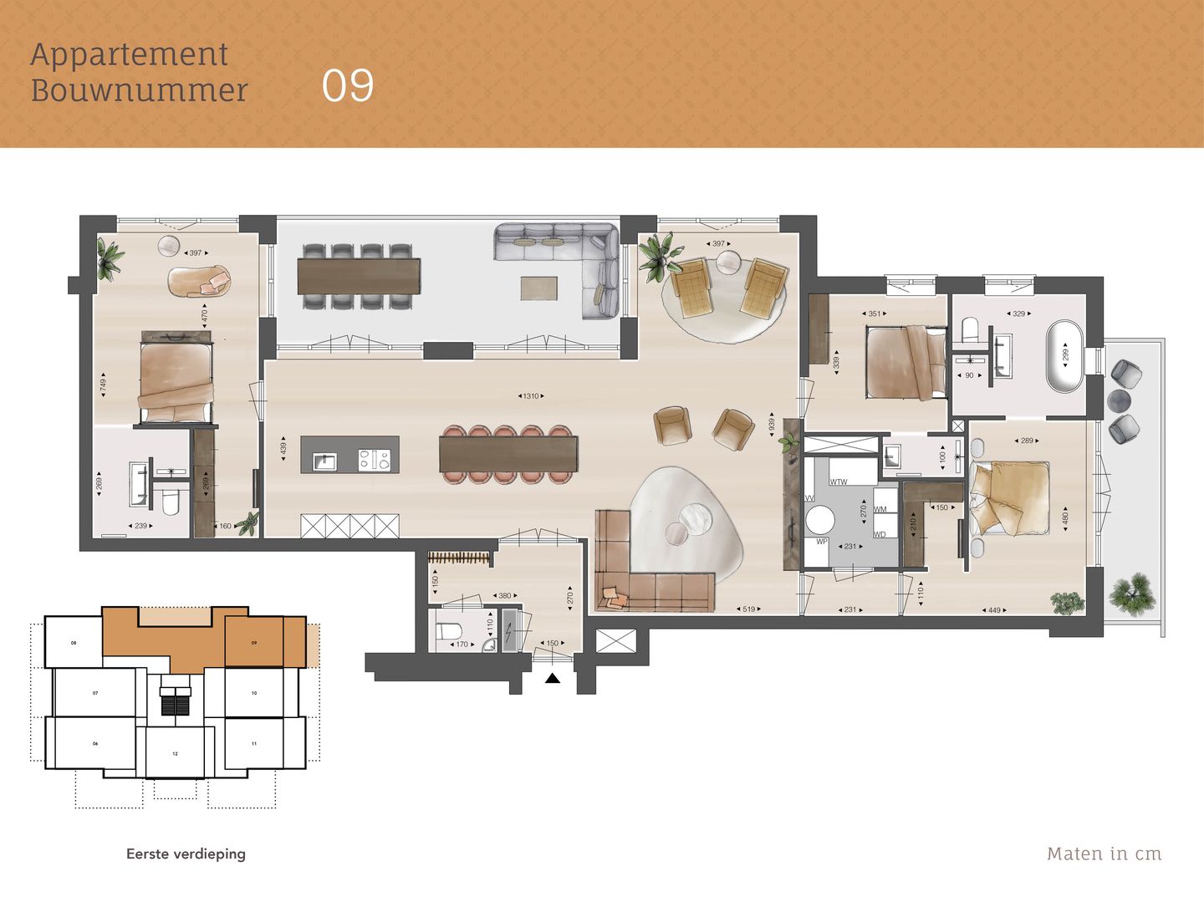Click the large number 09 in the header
click(348, 86)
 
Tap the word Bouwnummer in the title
click(140, 90)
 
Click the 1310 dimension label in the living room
click(530, 396)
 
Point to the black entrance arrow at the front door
click(552, 679)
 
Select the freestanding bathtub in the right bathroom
click(1064, 354)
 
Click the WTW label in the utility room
click(839, 482)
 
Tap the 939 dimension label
click(772, 423)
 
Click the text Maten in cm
click(1104, 854)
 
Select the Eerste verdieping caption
click(186, 854)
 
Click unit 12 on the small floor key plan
click(175, 753)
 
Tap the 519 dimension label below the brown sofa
click(748, 609)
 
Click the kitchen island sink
click(324, 461)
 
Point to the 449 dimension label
click(994, 610)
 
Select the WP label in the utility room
click(821, 542)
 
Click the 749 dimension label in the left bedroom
click(104, 385)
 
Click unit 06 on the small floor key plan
click(95, 743)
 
